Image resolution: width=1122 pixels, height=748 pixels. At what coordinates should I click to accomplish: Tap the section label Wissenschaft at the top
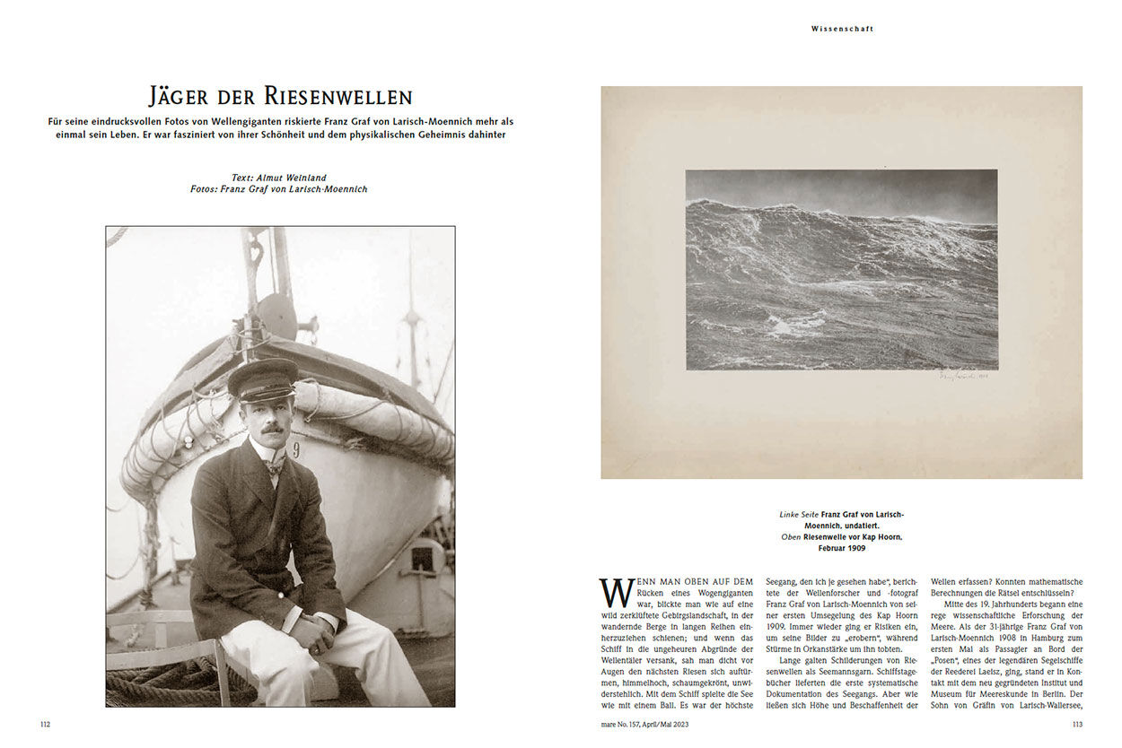pyautogui.click(x=842, y=29)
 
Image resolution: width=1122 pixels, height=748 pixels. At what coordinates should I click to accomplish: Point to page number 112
pyautogui.click(x=45, y=725)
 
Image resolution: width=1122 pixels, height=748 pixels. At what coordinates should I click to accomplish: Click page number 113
pyautogui.click(x=1077, y=725)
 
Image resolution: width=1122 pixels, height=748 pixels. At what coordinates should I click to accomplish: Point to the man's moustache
pyautogui.click(x=274, y=428)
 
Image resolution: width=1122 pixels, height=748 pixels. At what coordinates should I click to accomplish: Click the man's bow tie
pyautogui.click(x=275, y=465)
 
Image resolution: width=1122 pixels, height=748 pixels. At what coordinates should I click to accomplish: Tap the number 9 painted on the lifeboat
pyautogui.click(x=296, y=448)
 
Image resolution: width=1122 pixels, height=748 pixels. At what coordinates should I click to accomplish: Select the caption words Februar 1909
pyautogui.click(x=841, y=547)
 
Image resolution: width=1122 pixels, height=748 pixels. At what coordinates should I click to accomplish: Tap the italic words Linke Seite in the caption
pyautogui.click(x=798, y=514)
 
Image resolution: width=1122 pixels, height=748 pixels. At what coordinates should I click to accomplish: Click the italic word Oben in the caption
pyautogui.click(x=790, y=536)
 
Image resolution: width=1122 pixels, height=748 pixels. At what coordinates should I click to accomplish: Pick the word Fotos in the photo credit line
pyautogui.click(x=206, y=189)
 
